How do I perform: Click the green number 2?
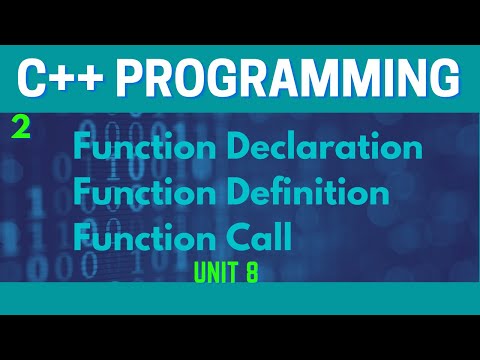(20, 128)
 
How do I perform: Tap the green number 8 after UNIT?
(251, 272)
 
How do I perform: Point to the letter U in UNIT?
(200, 272)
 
